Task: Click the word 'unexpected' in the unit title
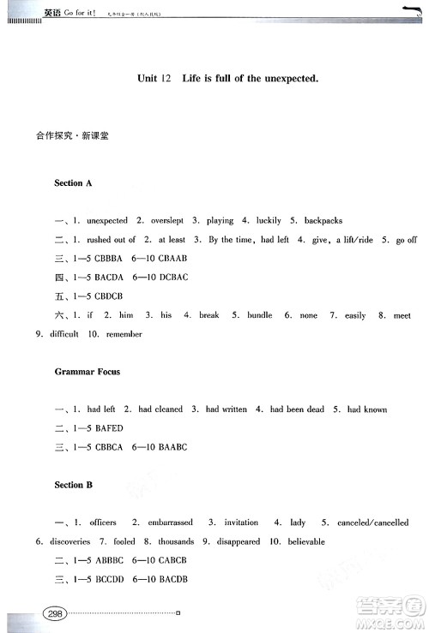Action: click(x=283, y=78)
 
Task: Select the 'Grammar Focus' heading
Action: click(x=87, y=372)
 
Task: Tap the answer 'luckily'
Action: click(x=267, y=220)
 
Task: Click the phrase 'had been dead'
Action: click(x=297, y=409)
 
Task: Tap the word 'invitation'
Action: click(x=241, y=523)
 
